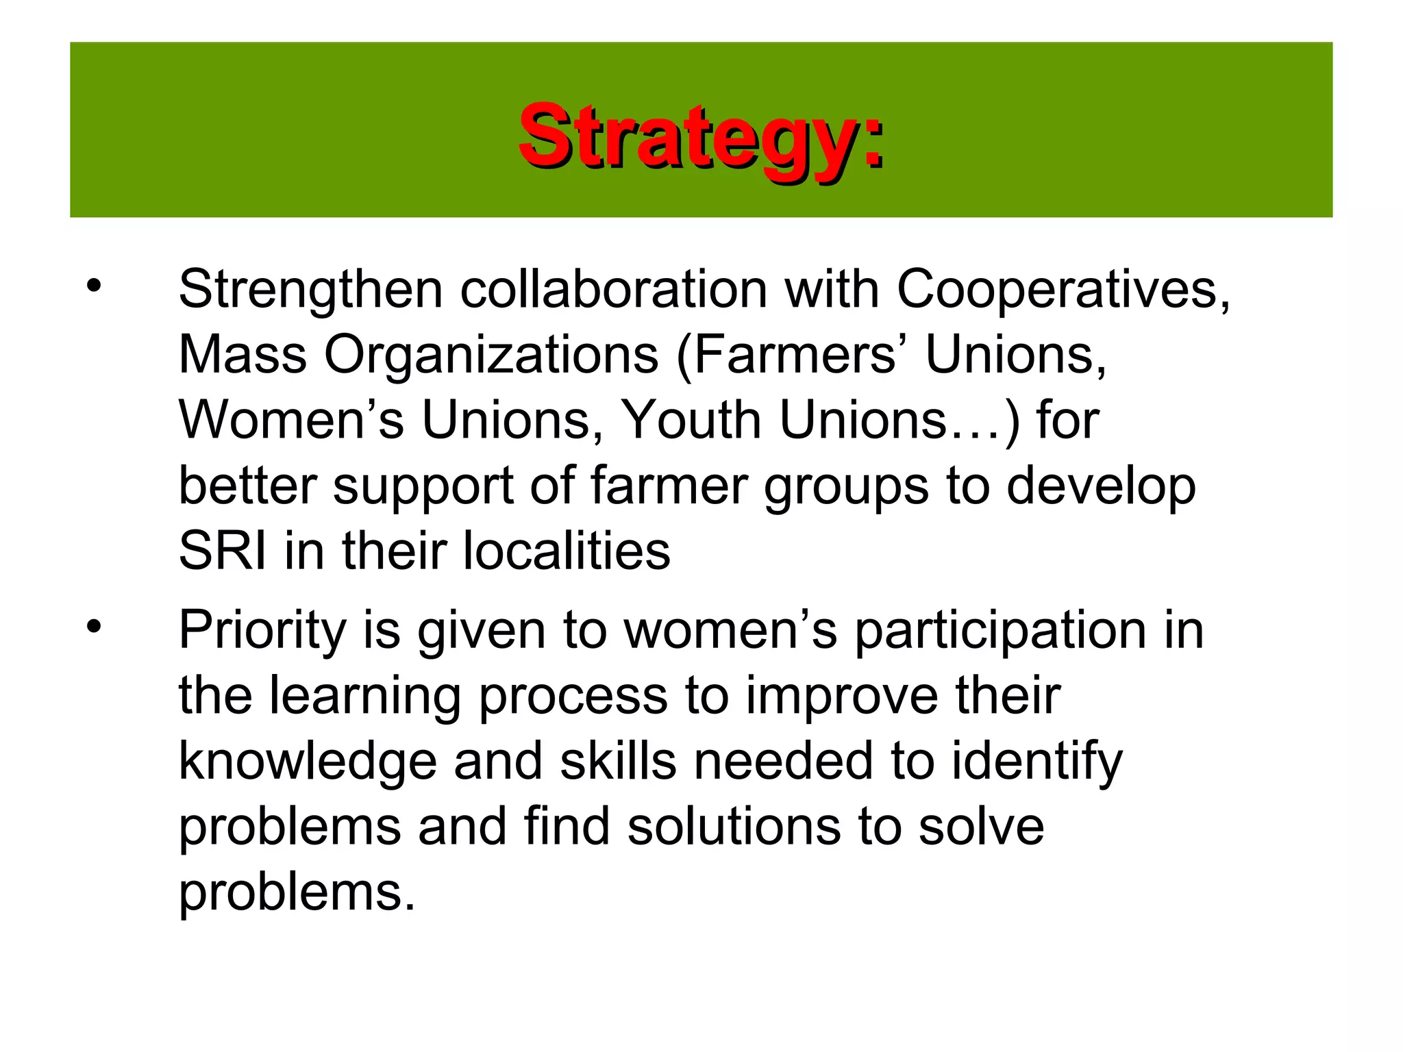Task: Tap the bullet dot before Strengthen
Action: point(94,286)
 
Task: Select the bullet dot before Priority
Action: point(94,625)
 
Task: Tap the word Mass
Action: point(243,355)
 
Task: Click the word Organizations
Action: point(491,355)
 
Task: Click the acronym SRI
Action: point(222,551)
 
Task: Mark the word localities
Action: point(567,551)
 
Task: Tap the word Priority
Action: point(262,631)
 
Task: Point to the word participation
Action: point(1000,631)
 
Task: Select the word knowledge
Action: point(308,762)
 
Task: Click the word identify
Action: point(1037,762)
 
